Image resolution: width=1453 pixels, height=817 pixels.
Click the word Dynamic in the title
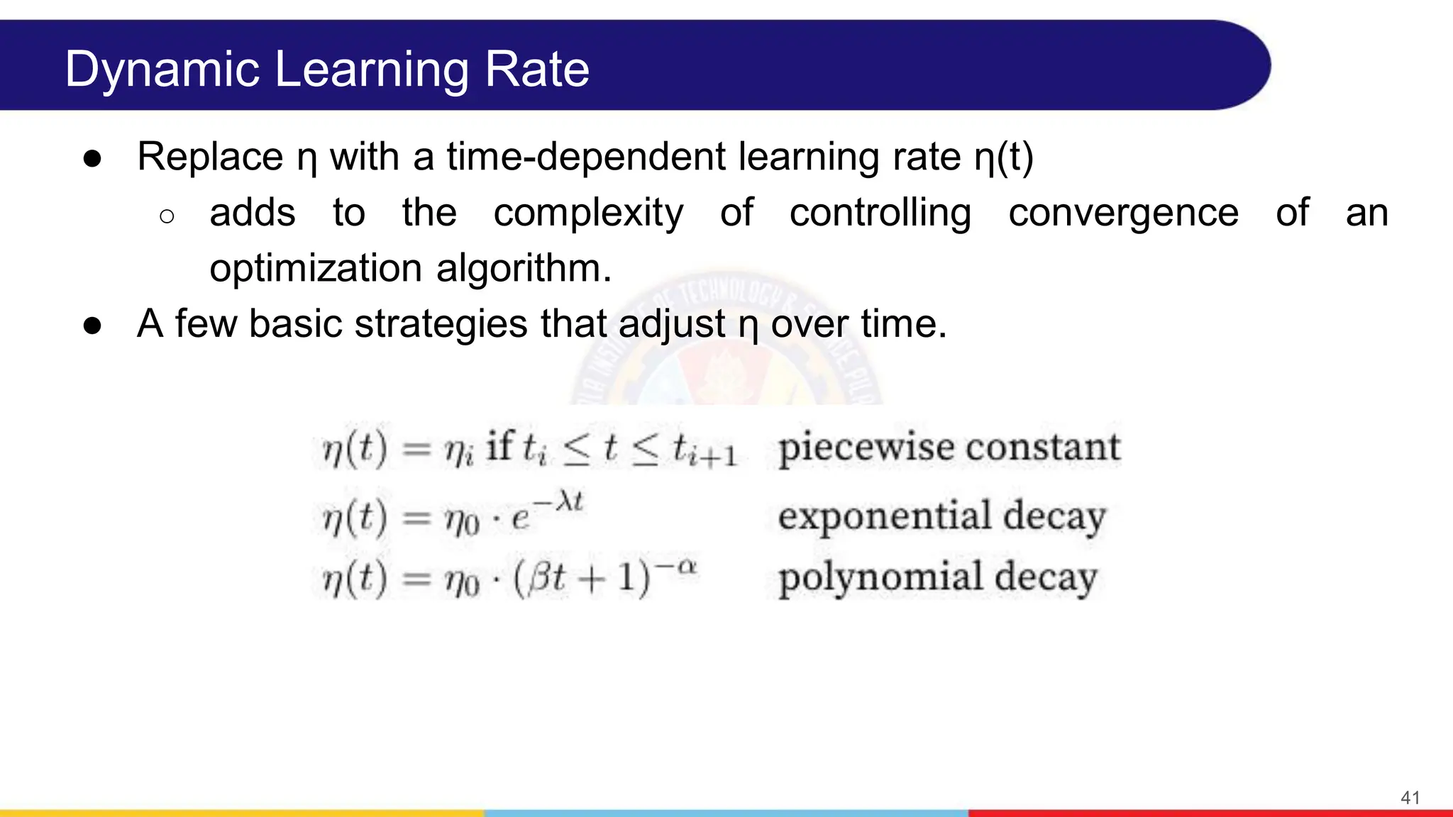pos(162,70)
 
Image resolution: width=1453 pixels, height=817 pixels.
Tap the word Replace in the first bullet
pos(210,157)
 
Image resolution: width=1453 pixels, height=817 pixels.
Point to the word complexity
pos(588,213)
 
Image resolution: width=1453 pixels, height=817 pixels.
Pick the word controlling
pos(880,213)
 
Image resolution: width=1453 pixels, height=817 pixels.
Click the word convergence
pos(1124,213)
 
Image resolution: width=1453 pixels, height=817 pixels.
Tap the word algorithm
pos(524,268)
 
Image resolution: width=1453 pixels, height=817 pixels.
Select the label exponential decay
pos(941,516)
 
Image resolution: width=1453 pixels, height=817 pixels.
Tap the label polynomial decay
pos(937,577)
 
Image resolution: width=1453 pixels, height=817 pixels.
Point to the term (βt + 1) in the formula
pos(581,578)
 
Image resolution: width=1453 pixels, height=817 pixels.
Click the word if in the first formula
pos(499,447)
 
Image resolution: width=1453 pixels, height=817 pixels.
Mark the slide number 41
pos(1410,797)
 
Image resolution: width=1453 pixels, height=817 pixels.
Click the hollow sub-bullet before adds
pos(167,216)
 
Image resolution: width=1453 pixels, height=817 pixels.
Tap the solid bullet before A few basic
pos(92,326)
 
